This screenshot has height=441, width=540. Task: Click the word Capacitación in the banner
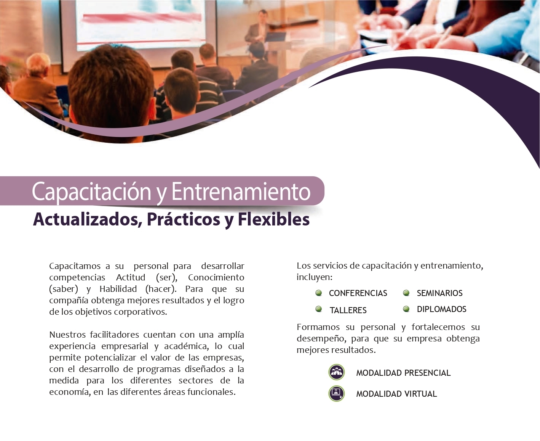coord(91,192)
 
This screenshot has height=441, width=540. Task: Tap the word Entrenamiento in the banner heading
coord(241,191)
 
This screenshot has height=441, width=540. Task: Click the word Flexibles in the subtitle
coord(274,219)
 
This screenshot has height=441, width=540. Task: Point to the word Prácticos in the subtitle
coord(183,219)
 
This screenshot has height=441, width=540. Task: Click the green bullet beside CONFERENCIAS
coord(318,293)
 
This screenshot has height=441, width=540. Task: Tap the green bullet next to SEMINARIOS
coord(406,293)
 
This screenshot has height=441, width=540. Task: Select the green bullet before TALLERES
coord(318,309)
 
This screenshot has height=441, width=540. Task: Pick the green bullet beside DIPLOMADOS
coord(406,309)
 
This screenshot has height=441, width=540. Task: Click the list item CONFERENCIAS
coord(358,293)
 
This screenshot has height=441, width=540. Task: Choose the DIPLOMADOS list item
coord(441,309)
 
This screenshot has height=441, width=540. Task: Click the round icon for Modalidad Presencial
coord(336,372)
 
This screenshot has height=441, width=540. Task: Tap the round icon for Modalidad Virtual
coord(336,393)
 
